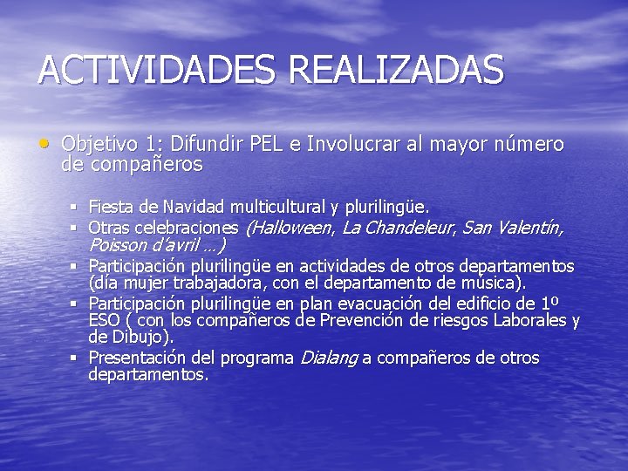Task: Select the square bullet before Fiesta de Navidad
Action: click(76, 208)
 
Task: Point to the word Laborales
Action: click(529, 321)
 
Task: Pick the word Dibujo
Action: click(140, 337)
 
